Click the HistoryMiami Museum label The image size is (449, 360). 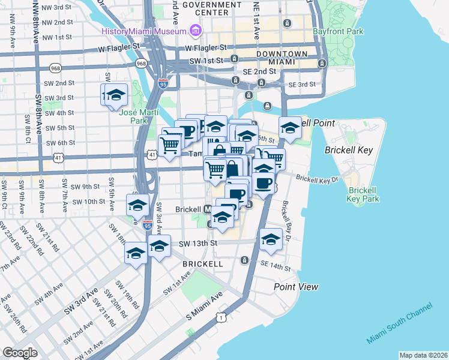[144, 31]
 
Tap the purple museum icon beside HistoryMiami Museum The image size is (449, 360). [195, 30]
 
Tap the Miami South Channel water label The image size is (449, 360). [399, 323]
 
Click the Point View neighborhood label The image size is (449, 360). [296, 287]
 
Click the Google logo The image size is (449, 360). [20, 353]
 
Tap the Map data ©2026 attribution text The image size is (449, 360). [423, 355]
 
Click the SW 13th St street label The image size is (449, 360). [196, 244]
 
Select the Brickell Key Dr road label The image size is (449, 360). [318, 179]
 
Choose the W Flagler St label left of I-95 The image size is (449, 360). [122, 46]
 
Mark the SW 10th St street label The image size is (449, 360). [86, 202]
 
